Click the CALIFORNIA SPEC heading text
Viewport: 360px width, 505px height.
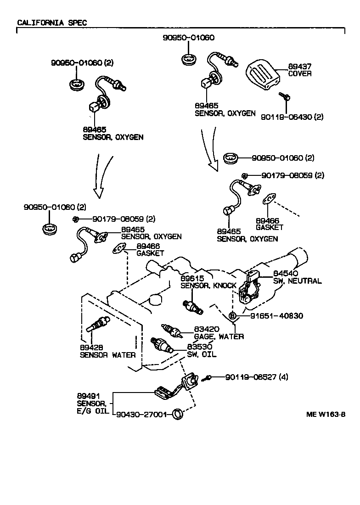pos(51,22)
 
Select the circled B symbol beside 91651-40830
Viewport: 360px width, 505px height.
pos(233,316)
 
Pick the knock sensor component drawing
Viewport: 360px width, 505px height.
pos(193,307)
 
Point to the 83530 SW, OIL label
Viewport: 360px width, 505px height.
pos(202,351)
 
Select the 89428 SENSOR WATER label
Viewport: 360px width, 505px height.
pos(107,351)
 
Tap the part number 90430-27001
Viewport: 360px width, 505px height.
pos(141,414)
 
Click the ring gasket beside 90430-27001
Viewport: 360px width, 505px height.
pos(177,415)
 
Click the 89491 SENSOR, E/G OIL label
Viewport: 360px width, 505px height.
pos(92,403)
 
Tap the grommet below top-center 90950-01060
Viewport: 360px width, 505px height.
pos(188,59)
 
